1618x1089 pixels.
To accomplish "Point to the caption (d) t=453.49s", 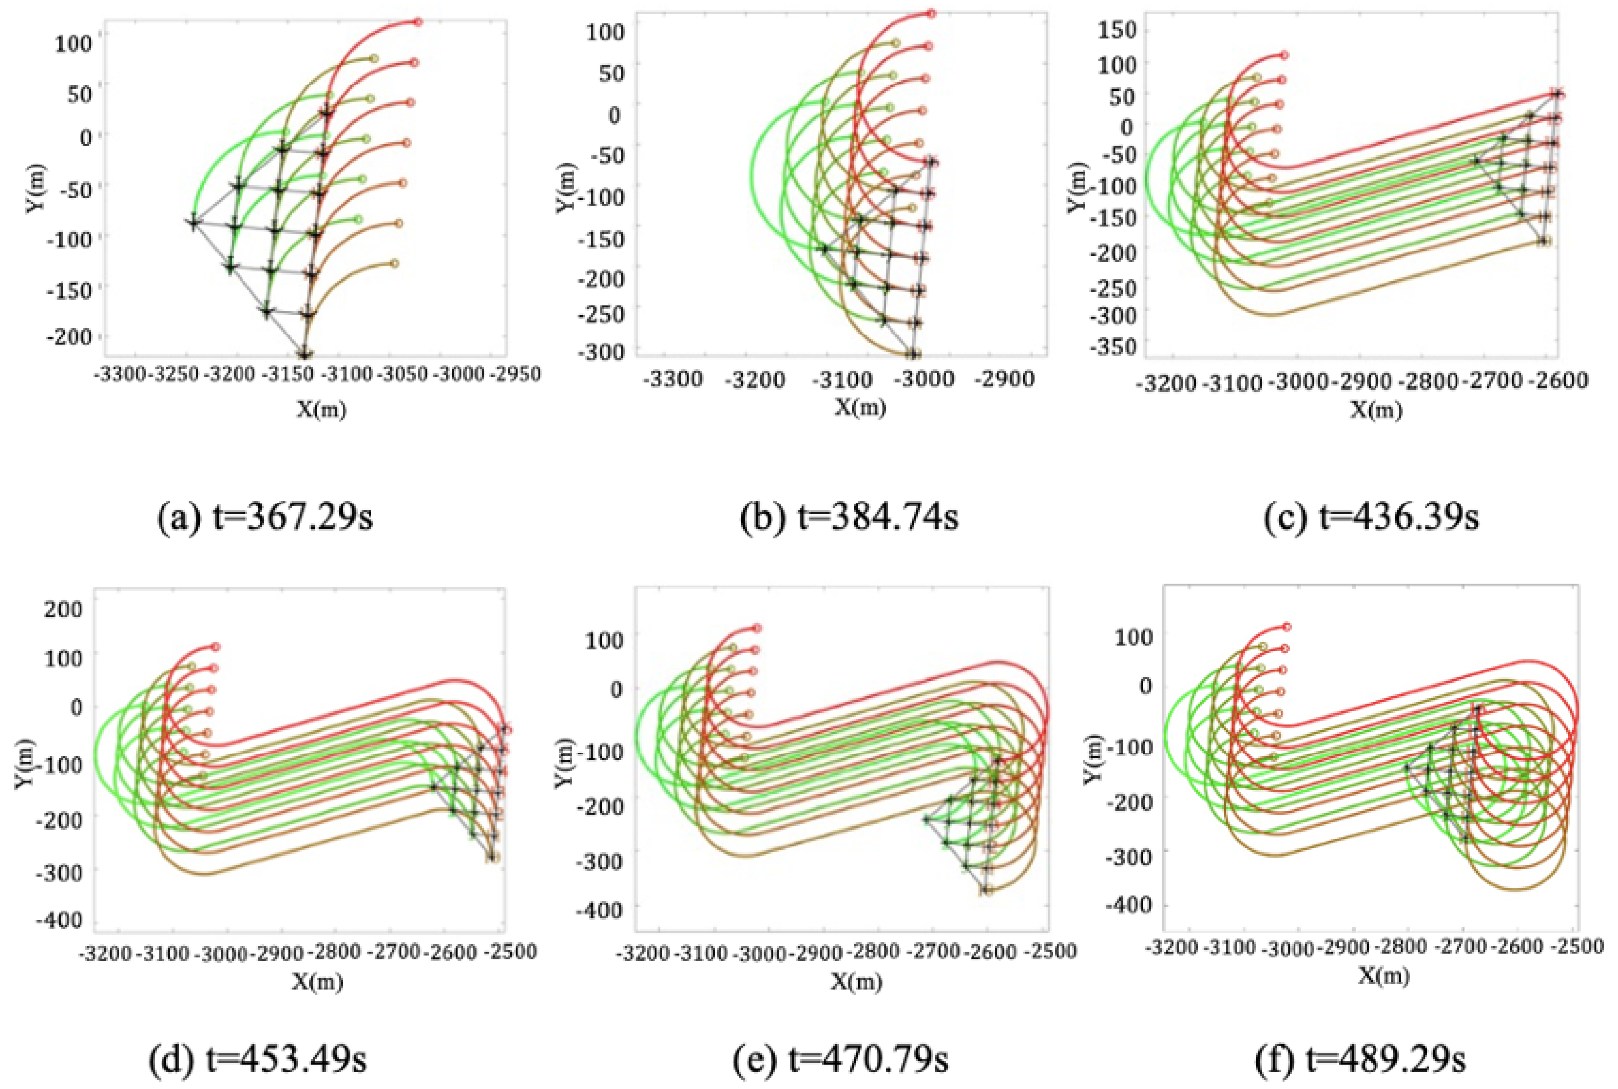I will [258, 1060].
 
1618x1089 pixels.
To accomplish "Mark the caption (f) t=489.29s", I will [1363, 1060].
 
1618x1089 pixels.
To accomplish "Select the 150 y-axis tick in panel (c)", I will [1116, 30].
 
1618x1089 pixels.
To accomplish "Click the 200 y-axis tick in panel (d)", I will [63, 610].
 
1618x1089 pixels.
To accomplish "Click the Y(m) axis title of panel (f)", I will [1092, 758].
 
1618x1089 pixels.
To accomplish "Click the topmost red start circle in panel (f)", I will [1286, 626].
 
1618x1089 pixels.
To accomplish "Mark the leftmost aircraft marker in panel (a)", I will [193, 222].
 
